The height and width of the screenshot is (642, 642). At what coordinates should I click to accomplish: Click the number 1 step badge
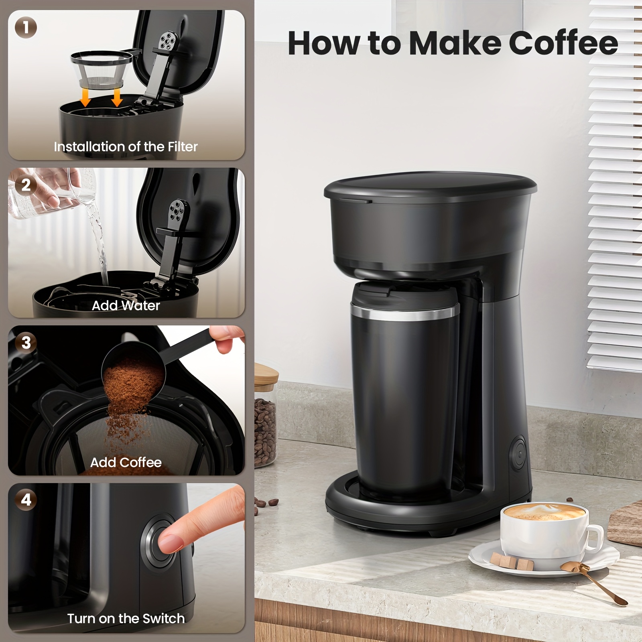26,28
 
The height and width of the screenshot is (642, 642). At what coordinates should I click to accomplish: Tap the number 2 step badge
26,185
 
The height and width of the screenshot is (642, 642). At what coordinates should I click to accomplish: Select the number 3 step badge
26,343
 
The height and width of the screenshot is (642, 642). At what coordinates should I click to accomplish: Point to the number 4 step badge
26,500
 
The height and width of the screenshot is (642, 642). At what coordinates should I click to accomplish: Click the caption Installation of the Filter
126,147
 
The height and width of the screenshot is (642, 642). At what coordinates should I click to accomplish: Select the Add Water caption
126,306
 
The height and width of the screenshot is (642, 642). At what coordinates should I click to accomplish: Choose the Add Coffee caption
126,463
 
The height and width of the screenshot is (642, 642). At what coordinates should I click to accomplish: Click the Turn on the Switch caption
126,619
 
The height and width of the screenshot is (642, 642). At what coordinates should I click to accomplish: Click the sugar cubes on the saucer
512,561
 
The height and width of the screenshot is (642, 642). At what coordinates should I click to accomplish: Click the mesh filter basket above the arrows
102,70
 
